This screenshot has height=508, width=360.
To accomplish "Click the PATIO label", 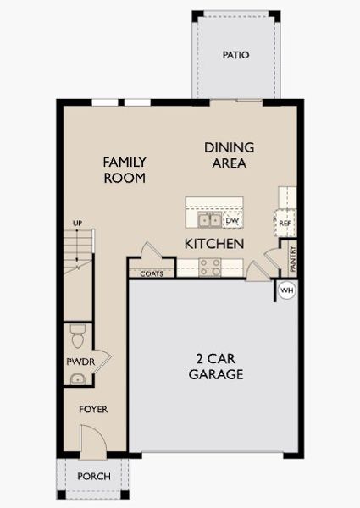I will pyautogui.click(x=235, y=55).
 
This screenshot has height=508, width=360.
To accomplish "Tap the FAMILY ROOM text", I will pyautogui.click(x=125, y=169).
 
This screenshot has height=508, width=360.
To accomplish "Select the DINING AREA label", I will pyautogui.click(x=229, y=155).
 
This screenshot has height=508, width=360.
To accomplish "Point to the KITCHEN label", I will pyautogui.click(x=214, y=244).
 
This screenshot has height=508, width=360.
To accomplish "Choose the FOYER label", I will pyautogui.click(x=93, y=410).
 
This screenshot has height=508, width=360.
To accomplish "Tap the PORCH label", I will pyautogui.click(x=93, y=477).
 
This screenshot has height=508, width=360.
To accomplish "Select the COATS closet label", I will pyautogui.click(x=152, y=273).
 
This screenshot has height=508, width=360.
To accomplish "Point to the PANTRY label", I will pyautogui.click(x=293, y=257).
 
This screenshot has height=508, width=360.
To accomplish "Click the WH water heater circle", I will pyautogui.click(x=285, y=290).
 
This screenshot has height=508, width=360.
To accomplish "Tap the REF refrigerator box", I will pyautogui.click(x=285, y=223).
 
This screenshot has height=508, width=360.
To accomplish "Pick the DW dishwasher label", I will pyautogui.click(x=232, y=221).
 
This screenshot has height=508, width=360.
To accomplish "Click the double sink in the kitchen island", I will pyautogui.click(x=209, y=220).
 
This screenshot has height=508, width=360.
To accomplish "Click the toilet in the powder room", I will pyautogui.click(x=77, y=337).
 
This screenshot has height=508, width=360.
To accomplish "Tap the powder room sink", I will pyautogui.click(x=77, y=378).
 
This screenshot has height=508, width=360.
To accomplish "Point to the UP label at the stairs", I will pyautogui.click(x=77, y=224).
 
